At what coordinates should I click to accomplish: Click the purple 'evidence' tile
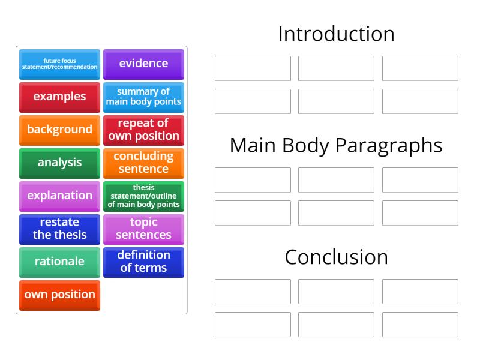143,64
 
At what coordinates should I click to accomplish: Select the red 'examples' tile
59,97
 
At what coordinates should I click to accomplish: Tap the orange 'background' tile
59,130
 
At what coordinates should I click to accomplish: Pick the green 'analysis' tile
59,163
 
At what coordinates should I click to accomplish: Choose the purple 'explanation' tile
59,196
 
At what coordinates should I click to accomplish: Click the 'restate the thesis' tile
59,229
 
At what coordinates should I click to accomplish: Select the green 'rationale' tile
59,262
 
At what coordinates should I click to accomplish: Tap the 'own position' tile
59,295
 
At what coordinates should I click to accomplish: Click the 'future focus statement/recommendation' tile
59,64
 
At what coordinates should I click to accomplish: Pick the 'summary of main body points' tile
143,97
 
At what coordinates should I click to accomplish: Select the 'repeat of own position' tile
143,130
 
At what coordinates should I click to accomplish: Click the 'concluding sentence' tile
143,163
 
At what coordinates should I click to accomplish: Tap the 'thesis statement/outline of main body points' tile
143,196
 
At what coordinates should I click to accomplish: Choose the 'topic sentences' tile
143,229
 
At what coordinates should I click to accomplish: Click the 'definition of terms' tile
143,262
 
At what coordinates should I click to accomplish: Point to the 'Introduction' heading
336,34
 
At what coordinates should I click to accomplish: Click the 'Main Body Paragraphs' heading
336,146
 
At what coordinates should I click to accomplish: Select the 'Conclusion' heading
336,257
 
